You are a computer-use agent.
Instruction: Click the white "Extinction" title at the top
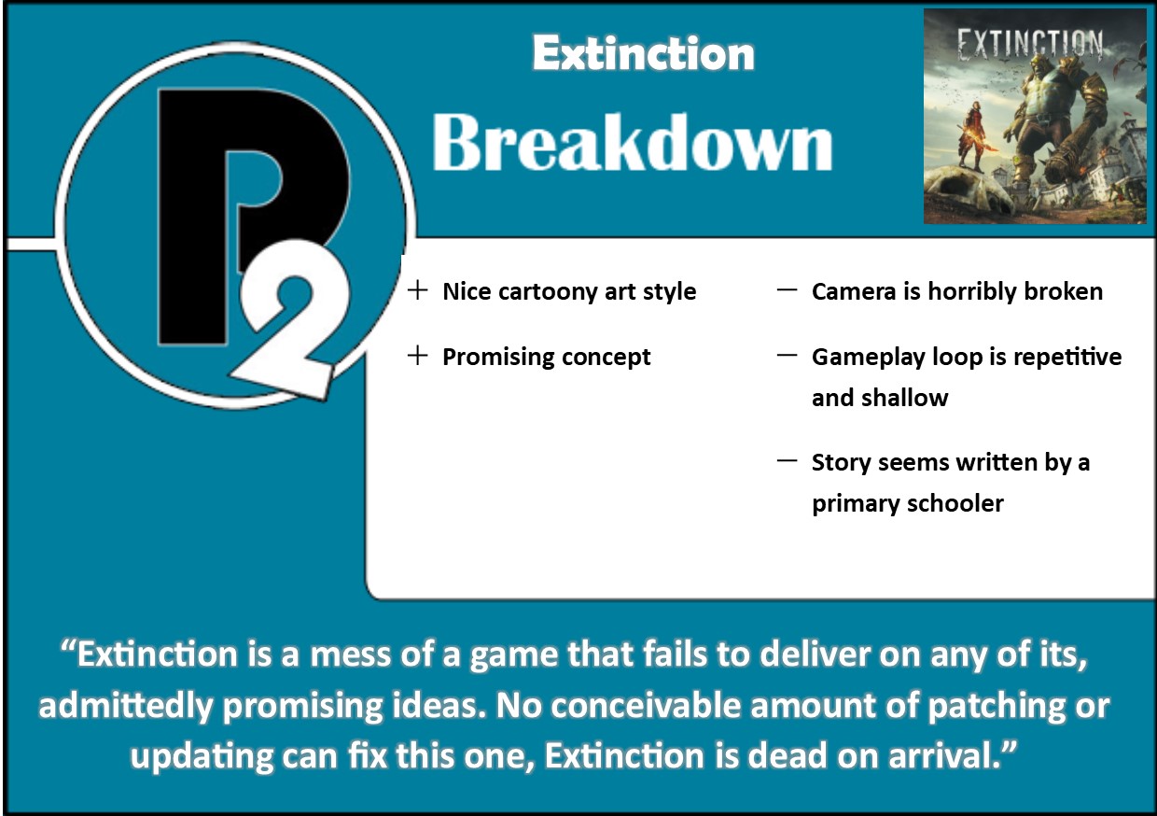643,53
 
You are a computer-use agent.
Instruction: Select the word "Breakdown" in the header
632,145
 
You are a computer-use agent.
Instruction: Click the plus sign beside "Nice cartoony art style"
417,291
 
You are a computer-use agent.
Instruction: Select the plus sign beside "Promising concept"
417,357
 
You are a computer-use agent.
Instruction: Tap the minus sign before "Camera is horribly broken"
787,290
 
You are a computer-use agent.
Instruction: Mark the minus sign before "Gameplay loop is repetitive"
787,356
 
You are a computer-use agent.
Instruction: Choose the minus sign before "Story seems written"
787,461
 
